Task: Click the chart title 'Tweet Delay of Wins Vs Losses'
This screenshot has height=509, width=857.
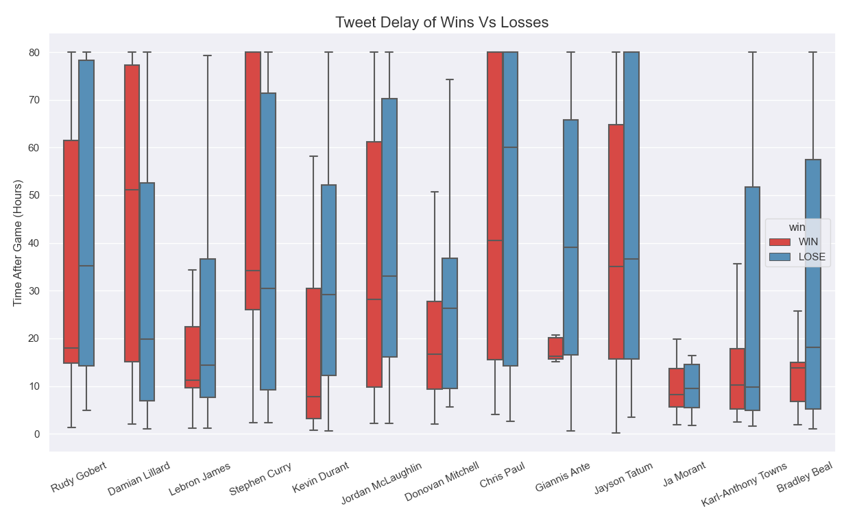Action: (x=442, y=23)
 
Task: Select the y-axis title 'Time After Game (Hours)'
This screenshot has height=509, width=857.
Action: (x=19, y=243)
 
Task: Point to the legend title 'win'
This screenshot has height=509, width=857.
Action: (x=797, y=227)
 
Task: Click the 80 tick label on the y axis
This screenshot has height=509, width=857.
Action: (x=34, y=53)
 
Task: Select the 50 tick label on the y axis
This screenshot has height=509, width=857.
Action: (x=34, y=196)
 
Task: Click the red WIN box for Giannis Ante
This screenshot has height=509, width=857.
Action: (x=555, y=348)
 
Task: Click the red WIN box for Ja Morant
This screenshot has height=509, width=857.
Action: (x=676, y=388)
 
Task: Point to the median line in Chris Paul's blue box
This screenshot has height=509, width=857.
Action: (x=510, y=147)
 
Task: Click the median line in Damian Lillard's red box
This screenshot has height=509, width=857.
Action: (x=132, y=190)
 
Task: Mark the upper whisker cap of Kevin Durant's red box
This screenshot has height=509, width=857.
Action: (x=313, y=156)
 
